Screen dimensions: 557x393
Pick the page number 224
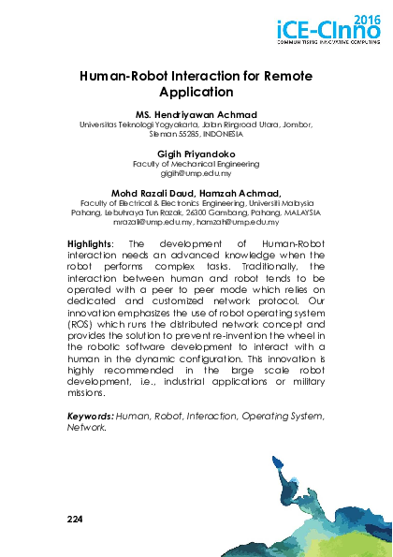(x=78, y=517)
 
